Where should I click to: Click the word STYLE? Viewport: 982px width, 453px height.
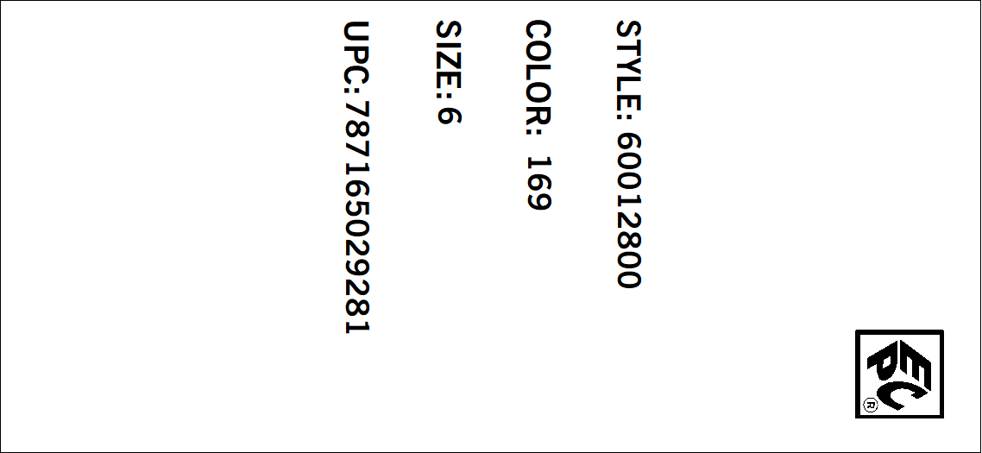[x=628, y=64]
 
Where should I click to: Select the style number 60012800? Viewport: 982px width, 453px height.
[x=628, y=211]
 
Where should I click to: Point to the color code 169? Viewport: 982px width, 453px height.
[x=538, y=183]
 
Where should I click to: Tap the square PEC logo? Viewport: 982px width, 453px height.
[x=899, y=374]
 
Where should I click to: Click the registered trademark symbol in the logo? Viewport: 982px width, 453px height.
[x=871, y=405]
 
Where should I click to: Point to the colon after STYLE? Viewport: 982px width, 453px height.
[x=628, y=116]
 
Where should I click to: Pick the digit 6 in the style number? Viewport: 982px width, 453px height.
[x=628, y=143]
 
